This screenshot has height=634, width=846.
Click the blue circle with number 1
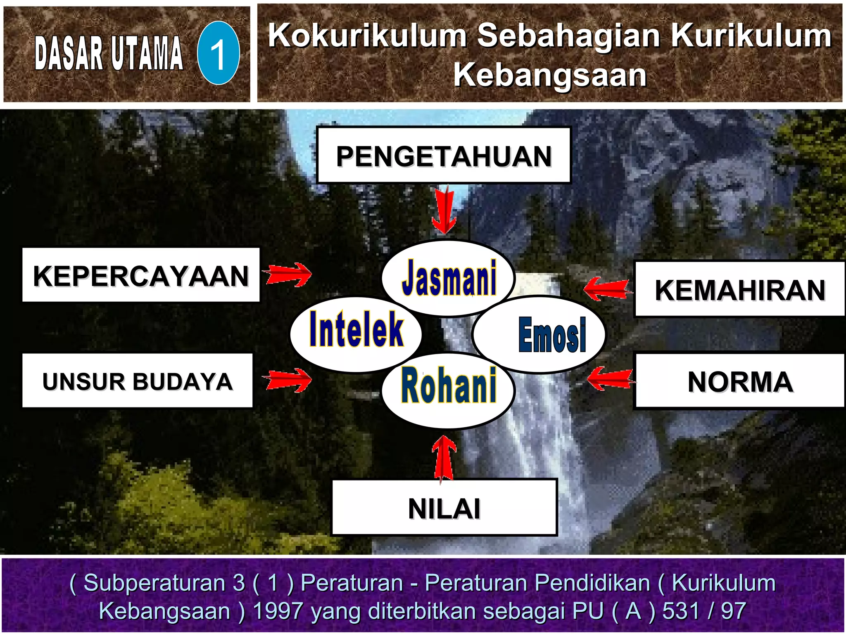pos(218,53)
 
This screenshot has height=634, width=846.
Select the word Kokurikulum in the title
pos(367,35)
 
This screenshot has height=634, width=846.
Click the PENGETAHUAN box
pos(444,156)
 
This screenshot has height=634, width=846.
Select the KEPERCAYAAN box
pos(141,275)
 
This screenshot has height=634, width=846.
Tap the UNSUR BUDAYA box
pos(137,381)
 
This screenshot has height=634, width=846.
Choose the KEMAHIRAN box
pos(739,289)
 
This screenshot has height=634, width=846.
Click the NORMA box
pos(739,381)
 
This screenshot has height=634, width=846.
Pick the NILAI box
pos(444,508)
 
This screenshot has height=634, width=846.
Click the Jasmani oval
pos(449,277)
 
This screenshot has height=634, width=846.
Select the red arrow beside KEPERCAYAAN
pos(288,274)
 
